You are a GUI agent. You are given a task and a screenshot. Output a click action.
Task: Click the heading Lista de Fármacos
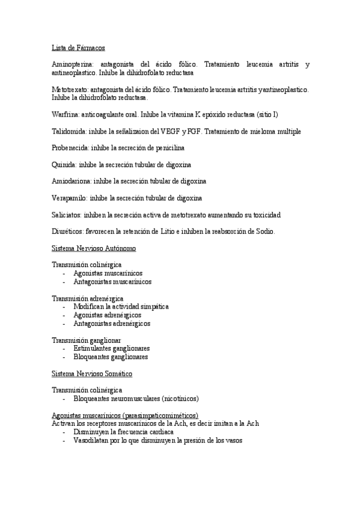pos(79,47)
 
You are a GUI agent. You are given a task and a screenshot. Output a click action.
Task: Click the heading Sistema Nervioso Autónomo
pos(94,248)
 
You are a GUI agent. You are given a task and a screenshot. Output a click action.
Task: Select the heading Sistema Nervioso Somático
pos(92,373)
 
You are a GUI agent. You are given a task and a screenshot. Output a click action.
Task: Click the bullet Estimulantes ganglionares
pos(111,348)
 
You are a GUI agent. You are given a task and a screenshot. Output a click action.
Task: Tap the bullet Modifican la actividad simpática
pos(121,306)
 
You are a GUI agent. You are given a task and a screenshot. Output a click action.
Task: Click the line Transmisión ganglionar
pos(87,340)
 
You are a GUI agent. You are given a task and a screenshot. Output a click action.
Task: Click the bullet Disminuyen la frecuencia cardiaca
pos(123,432)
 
